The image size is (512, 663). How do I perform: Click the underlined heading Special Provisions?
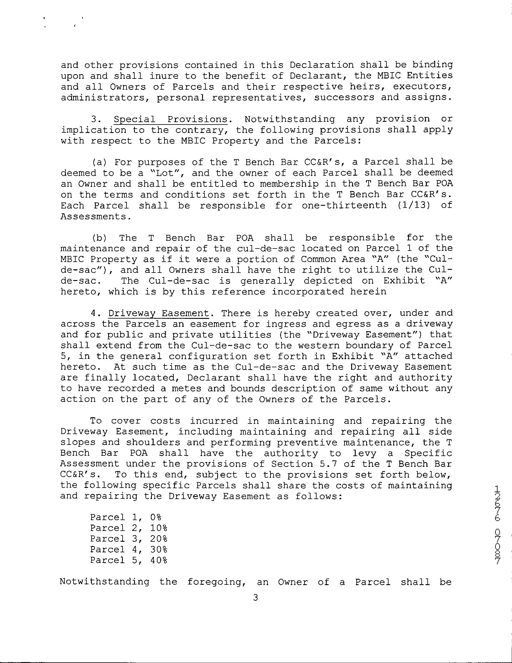tap(170, 119)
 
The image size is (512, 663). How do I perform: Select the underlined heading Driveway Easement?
tap(159, 313)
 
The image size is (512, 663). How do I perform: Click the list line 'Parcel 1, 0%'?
tap(126, 517)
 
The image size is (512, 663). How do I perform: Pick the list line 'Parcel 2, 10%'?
tap(129, 528)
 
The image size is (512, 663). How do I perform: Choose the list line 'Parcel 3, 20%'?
tap(129, 539)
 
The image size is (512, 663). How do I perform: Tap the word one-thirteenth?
tap(344, 205)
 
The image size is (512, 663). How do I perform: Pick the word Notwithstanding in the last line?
tap(105, 582)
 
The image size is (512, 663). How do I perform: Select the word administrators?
tap(103, 98)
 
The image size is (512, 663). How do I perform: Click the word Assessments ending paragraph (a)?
tap(96, 217)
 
